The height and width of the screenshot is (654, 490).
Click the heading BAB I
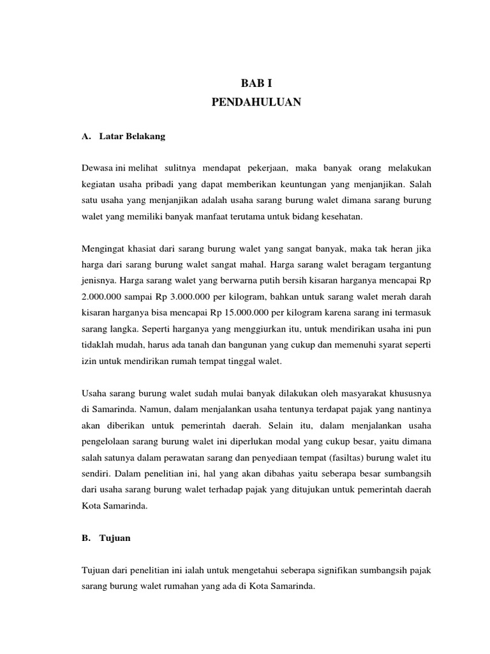[256, 82]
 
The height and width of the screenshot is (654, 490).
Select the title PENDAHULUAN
[256, 102]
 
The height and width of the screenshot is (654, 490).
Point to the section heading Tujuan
[115, 538]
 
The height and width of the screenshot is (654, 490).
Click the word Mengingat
[103, 248]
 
